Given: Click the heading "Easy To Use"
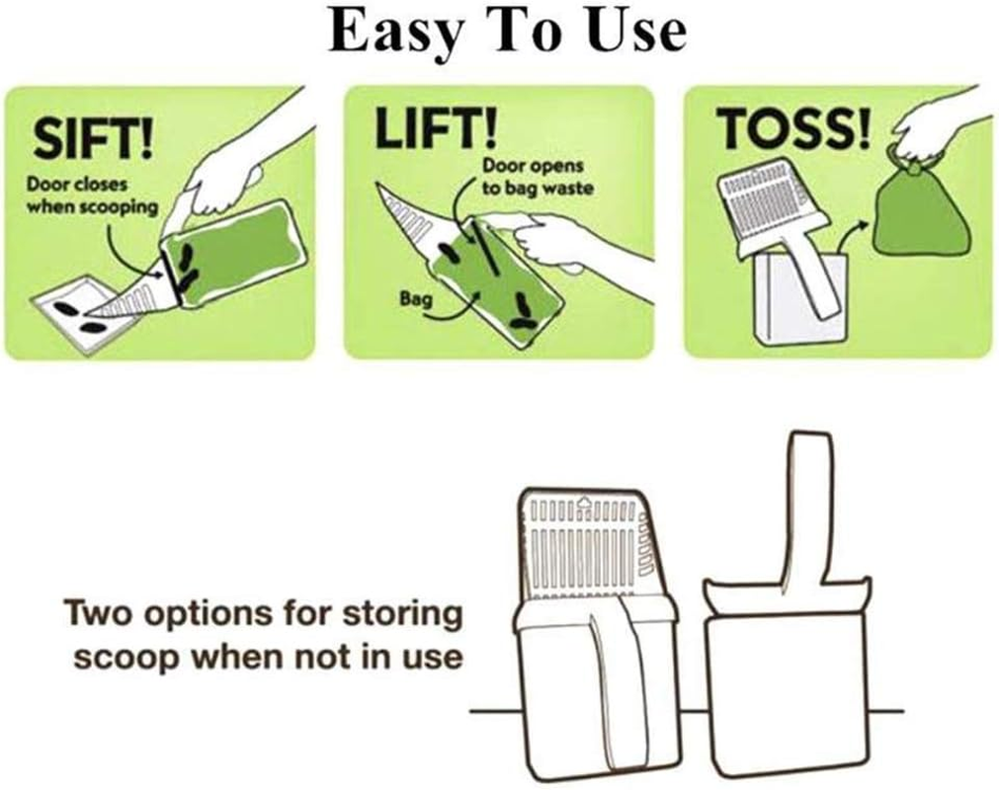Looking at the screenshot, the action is coord(507,32).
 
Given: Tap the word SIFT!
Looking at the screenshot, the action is coord(93,138).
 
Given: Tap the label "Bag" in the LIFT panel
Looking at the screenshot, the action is coord(412,298).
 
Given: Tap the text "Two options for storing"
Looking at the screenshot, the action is coord(264,614).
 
